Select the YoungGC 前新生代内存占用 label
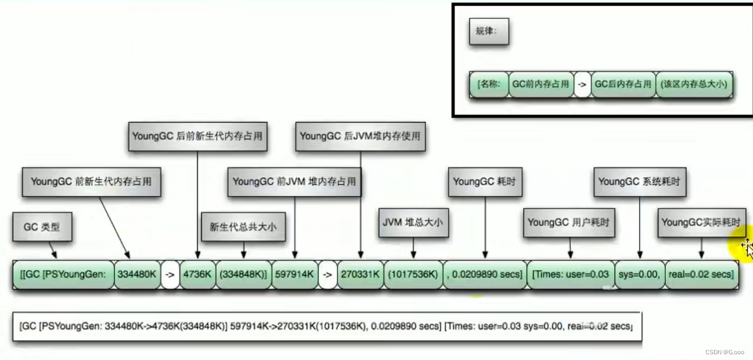91,182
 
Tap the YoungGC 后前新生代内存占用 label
197,136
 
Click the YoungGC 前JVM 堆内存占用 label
294,182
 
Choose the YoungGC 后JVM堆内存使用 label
360,136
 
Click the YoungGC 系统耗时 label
639,182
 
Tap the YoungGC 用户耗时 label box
568,222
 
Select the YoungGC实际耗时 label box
701,222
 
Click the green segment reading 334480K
137,275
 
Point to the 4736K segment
198,275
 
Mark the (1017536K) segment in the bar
413,275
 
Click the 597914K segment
295,275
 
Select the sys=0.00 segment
639,275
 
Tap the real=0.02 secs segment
701,275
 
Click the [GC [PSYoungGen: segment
64,275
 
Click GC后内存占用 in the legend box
623,84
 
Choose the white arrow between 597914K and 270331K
327,275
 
